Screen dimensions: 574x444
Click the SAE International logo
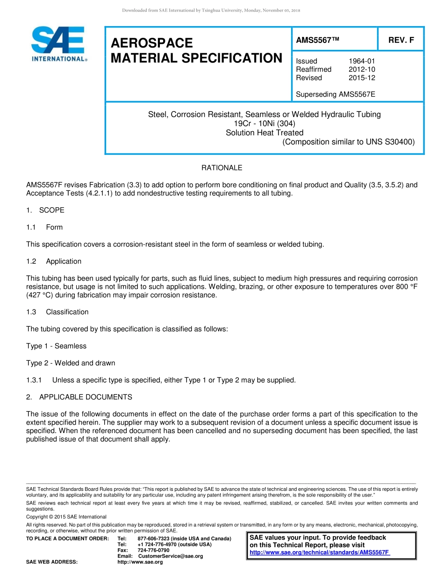coord(58,44)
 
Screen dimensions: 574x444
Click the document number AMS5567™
coord(317,40)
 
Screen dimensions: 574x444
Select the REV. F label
coord(401,40)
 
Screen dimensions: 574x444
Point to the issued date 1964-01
coord(362,61)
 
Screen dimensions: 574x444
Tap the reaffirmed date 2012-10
coord(362,70)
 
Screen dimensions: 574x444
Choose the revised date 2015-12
coord(362,78)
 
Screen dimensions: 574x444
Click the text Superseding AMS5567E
coord(336,94)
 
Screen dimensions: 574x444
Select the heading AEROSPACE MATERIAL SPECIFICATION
coord(196,51)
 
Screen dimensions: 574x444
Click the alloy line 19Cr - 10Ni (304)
coord(265,124)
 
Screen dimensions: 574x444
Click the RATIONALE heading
coord(222,168)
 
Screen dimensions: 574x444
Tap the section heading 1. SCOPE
coord(45,210)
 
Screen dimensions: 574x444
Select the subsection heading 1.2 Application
coord(54,261)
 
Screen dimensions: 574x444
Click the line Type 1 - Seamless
coord(56,346)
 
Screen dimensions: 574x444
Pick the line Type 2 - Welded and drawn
coord(71,363)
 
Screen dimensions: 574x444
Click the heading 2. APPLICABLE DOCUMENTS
coord(79,397)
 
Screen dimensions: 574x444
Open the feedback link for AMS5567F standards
coord(320,553)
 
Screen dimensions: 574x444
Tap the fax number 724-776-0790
coord(153,550)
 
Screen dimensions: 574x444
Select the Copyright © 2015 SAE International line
coord(66,517)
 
